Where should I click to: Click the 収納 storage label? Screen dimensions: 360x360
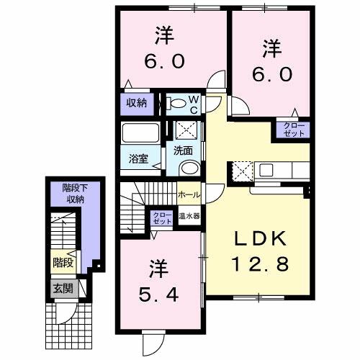click(137, 103)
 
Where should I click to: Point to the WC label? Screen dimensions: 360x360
click(194, 103)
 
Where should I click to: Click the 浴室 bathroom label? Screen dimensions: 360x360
click(139, 159)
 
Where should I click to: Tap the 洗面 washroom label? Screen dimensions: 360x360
click(183, 150)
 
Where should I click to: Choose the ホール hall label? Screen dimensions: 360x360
click(189, 194)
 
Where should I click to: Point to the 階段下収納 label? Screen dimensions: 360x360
click(72, 194)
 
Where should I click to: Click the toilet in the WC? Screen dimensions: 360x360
click(176, 104)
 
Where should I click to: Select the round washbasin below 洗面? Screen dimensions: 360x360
click(188, 168)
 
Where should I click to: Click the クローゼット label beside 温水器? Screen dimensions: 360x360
click(161, 218)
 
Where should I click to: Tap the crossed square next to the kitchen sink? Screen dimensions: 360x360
click(241, 171)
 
